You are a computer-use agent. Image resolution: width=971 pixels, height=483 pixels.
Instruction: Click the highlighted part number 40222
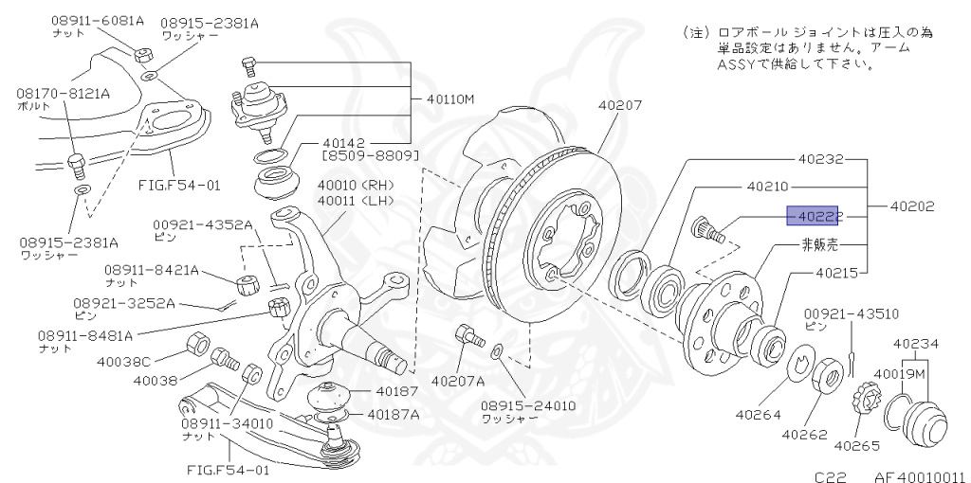click(x=819, y=217)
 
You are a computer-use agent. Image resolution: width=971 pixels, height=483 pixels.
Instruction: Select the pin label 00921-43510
click(x=852, y=313)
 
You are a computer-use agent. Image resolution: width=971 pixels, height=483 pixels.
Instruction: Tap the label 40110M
click(x=445, y=99)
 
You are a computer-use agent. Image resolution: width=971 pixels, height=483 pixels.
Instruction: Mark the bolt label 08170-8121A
click(x=63, y=93)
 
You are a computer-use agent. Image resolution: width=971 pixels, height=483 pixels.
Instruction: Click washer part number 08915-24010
click(x=526, y=404)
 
